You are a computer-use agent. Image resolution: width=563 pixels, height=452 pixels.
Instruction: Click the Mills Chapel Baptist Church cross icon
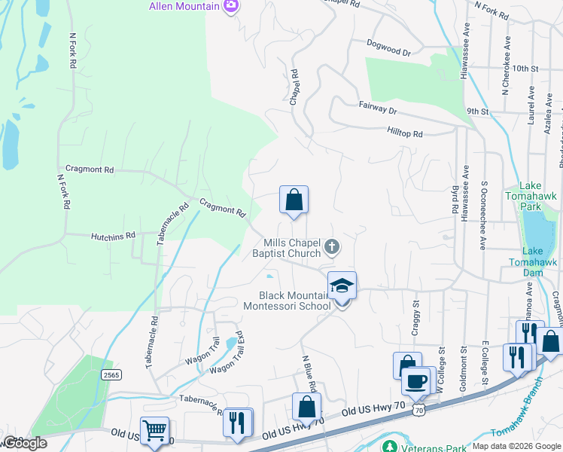(331, 247)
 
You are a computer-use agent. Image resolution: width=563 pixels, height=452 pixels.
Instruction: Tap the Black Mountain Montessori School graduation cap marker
(342, 286)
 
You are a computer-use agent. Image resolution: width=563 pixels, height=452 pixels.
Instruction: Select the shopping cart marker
(154, 431)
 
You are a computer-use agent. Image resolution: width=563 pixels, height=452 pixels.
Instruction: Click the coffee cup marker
(415, 380)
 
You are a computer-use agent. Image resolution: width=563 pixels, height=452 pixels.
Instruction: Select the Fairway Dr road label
(377, 108)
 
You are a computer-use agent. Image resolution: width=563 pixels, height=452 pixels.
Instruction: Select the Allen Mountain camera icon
(231, 7)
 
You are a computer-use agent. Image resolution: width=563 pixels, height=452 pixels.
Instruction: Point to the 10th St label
(525, 68)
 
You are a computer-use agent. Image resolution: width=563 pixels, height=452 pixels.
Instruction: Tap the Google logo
(24, 443)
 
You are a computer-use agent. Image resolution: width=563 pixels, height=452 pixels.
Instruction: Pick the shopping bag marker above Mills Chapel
(294, 200)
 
